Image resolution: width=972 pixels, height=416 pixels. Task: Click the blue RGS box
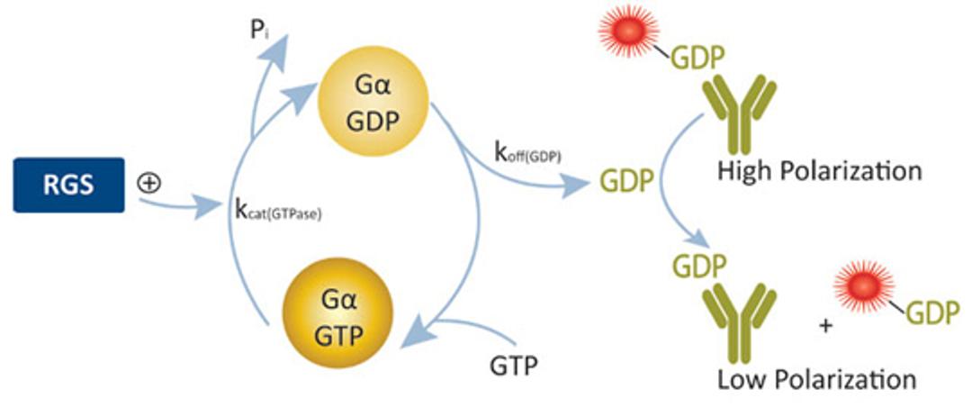68,185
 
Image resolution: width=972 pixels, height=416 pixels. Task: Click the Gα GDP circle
373,102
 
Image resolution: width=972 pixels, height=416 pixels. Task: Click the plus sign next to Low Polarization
824,325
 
